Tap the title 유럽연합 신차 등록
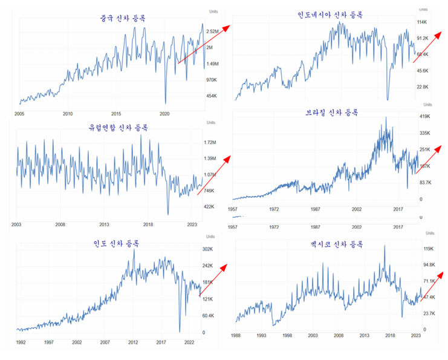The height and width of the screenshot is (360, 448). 118,128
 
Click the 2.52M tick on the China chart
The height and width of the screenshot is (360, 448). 213,31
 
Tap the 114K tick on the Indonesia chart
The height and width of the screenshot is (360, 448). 422,22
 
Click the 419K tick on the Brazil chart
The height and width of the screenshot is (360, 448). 423,117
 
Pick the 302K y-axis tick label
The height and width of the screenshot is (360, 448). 209,249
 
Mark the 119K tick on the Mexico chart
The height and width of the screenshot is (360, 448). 428,248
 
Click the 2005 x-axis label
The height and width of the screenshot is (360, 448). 19,113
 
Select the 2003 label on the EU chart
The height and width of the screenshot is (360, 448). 17,224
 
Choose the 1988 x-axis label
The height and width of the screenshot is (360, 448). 236,334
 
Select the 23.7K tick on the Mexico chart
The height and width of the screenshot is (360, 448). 428,313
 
